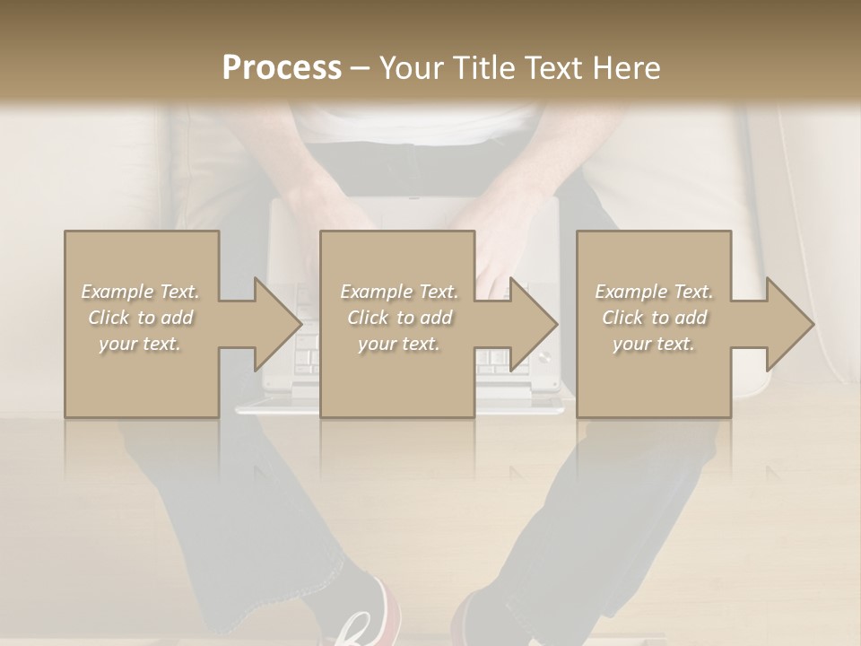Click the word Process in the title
[x=282, y=68]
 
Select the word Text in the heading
[x=553, y=68]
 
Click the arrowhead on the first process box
[x=278, y=324]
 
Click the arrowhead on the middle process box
[x=535, y=324]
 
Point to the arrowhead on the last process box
[x=790, y=324]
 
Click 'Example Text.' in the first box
[x=141, y=292]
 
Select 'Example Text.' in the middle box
[x=399, y=292]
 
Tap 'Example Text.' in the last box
[x=654, y=292]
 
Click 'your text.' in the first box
[x=140, y=344]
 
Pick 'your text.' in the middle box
[x=399, y=344]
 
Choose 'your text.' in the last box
[x=654, y=344]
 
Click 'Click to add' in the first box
[x=141, y=318]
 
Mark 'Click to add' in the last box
[x=654, y=318]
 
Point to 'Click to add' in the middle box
[x=399, y=318]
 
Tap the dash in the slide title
[x=360, y=69]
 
